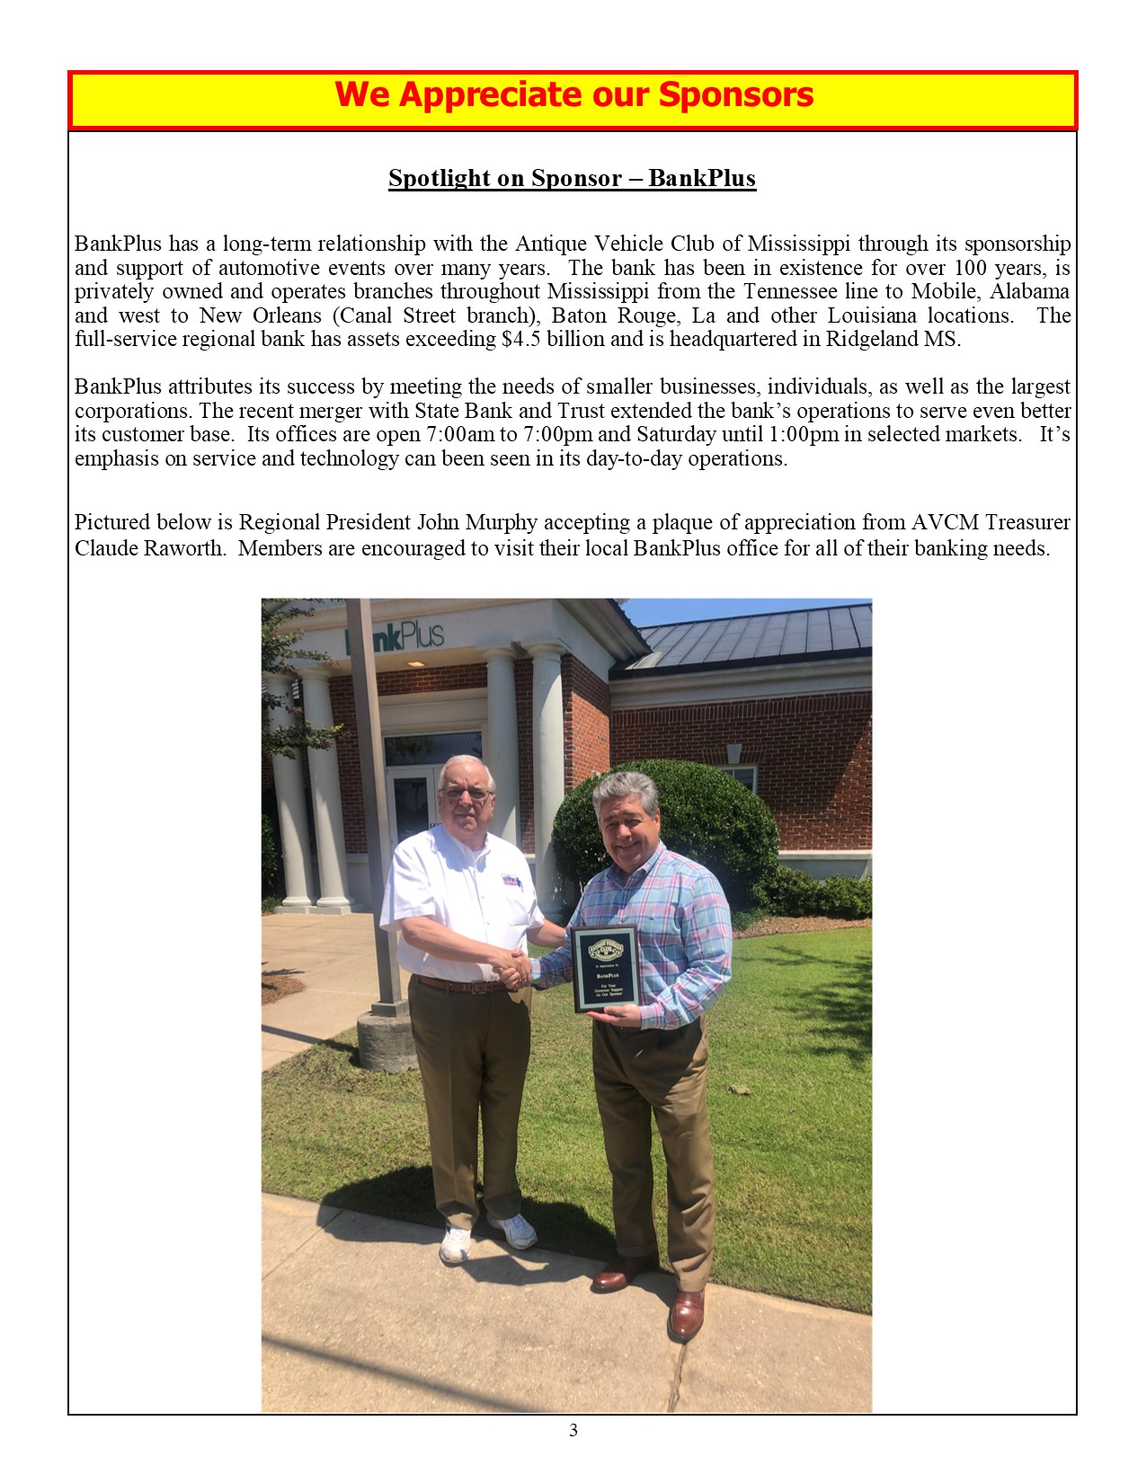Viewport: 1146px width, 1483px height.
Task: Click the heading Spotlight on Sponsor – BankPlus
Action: coord(572,178)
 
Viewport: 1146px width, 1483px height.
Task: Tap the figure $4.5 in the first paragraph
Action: coord(521,340)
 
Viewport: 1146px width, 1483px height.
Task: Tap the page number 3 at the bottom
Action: coord(573,1430)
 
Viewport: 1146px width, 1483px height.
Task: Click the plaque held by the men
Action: coord(605,968)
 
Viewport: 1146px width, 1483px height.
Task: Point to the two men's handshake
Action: coord(513,970)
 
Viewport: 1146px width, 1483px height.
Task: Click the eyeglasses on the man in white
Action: coord(466,793)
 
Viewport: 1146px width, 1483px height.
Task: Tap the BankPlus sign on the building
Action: coord(395,636)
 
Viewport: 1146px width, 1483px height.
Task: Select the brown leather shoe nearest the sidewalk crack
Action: coord(687,1314)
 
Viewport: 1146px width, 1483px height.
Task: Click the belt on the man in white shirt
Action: coord(458,985)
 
